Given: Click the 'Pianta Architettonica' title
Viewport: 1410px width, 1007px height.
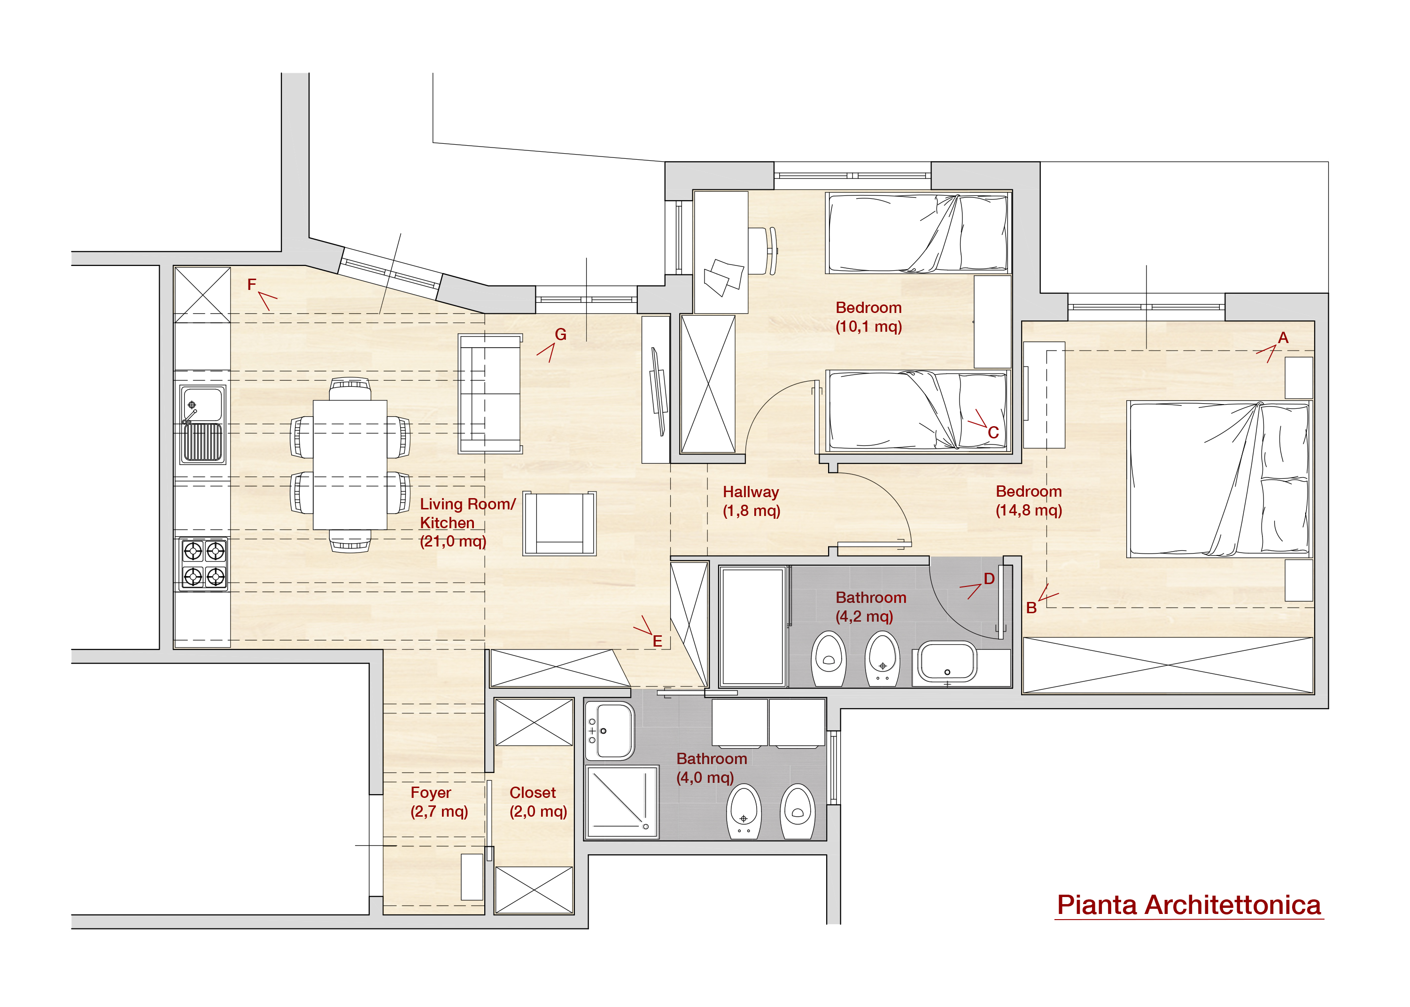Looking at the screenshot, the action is pyautogui.click(x=1188, y=906).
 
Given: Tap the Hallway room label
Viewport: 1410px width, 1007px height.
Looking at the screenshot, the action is pyautogui.click(x=751, y=501).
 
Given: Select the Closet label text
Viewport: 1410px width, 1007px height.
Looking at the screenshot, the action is pyautogui.click(x=538, y=802).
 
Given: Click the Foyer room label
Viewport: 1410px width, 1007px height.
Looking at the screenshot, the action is pyautogui.click(x=439, y=802).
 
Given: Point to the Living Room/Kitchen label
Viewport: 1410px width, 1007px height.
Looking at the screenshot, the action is pyautogui.click(x=467, y=522).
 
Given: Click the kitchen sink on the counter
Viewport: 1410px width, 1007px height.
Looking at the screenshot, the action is pyautogui.click(x=202, y=424).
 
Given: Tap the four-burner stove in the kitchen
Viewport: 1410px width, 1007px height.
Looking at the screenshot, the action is pyautogui.click(x=203, y=563).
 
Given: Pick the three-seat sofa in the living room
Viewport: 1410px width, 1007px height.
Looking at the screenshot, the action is pyautogui.click(x=489, y=394).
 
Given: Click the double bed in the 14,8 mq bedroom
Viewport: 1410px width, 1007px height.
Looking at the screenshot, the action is pyautogui.click(x=1218, y=479).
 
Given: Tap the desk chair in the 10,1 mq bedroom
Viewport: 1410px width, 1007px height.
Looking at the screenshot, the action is pyautogui.click(x=763, y=250).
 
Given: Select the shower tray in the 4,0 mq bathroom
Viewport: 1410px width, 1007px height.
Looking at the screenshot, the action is pyautogui.click(x=622, y=802).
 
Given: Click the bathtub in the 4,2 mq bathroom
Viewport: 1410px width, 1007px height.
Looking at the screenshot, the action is pyautogui.click(x=752, y=625).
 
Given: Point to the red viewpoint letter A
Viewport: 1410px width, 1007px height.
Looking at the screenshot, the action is pyautogui.click(x=1283, y=337).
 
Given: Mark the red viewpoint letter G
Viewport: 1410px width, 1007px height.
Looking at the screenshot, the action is pyautogui.click(x=560, y=334).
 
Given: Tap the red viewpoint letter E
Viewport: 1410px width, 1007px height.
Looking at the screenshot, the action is pyautogui.click(x=657, y=641).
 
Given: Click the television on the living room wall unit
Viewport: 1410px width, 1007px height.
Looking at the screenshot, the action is pyautogui.click(x=658, y=391).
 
